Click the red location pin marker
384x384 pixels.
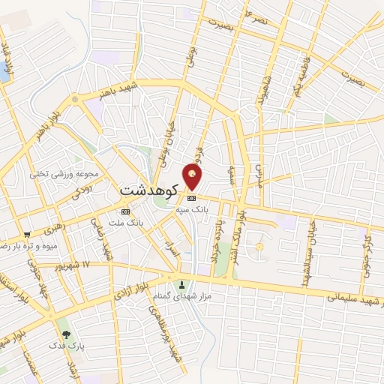(x=193, y=177)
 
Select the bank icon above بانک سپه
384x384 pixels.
(x=191, y=198)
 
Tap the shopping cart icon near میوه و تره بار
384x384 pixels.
(x=27, y=235)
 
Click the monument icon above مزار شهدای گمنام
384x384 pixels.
(x=184, y=285)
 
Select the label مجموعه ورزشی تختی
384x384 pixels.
(x=64, y=174)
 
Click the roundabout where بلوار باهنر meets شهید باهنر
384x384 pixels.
(x=75, y=99)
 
